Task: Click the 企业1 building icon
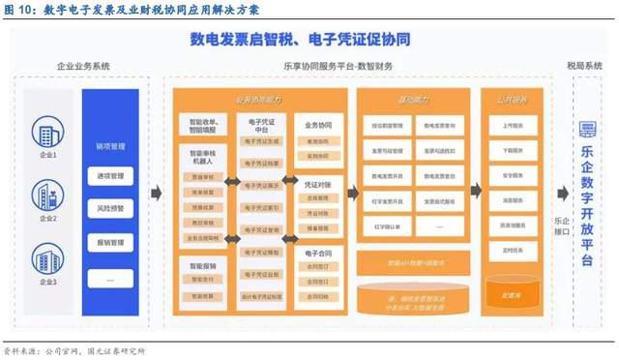[x=47, y=133]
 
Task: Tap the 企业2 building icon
[x=47, y=195]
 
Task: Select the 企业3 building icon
[x=47, y=257]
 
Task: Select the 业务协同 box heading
[x=317, y=125]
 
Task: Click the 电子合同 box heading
[x=317, y=251]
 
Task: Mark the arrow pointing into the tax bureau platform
[x=561, y=194]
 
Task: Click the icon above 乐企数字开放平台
[x=586, y=130]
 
